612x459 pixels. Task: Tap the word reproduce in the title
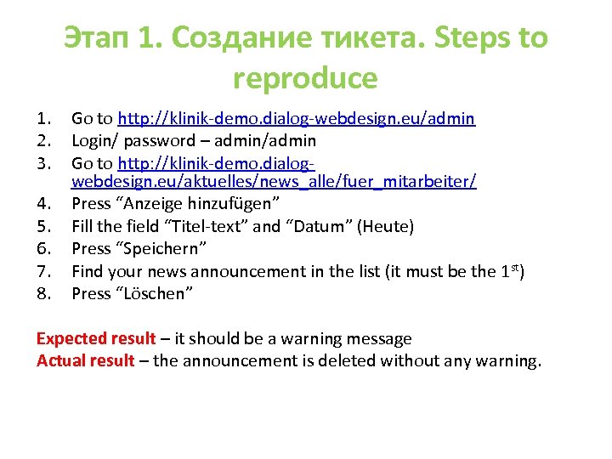(x=305, y=78)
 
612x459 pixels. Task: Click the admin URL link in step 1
(x=297, y=118)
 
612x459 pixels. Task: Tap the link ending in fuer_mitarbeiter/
(x=274, y=182)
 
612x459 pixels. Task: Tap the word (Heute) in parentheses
(x=386, y=227)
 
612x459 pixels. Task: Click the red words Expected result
(x=96, y=339)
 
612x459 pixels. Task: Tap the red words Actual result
(x=85, y=361)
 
